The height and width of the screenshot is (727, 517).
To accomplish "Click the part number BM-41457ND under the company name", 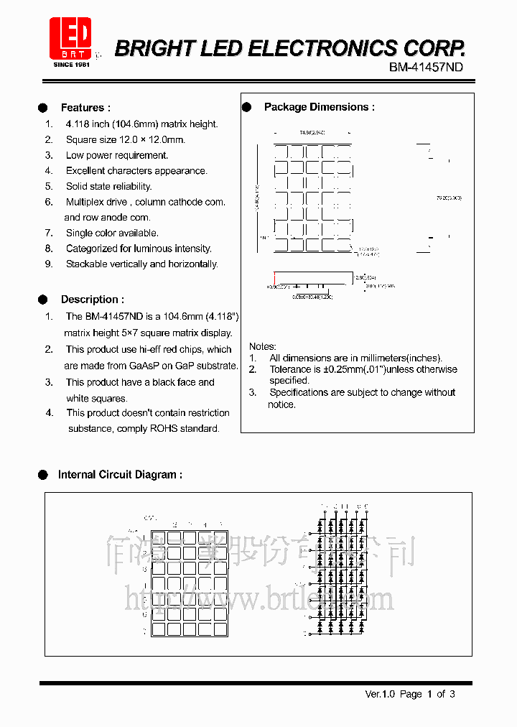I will click(x=426, y=68).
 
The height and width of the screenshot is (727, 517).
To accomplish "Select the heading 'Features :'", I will click(x=85, y=108).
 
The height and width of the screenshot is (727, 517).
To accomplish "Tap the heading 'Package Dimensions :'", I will click(x=319, y=107).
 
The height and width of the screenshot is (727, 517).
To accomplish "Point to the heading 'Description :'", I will click(x=92, y=300).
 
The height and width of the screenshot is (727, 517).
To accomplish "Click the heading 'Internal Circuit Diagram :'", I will click(x=120, y=475).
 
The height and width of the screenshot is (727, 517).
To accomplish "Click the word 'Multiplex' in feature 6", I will click(x=86, y=202).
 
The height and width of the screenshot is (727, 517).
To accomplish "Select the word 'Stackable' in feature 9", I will click(x=87, y=264).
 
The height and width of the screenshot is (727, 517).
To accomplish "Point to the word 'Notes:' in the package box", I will click(x=263, y=346).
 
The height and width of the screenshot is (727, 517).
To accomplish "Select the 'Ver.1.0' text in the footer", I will click(x=381, y=694).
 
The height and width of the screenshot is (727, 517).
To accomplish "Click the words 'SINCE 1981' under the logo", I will click(x=71, y=65).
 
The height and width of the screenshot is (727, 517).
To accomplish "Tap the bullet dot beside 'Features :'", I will click(x=42, y=108).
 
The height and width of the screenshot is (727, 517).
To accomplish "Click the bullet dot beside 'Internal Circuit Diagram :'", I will click(x=42, y=475).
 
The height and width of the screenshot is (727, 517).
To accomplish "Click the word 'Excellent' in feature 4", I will click(x=85, y=171).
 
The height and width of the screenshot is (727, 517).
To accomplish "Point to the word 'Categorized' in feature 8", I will click(x=91, y=249).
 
